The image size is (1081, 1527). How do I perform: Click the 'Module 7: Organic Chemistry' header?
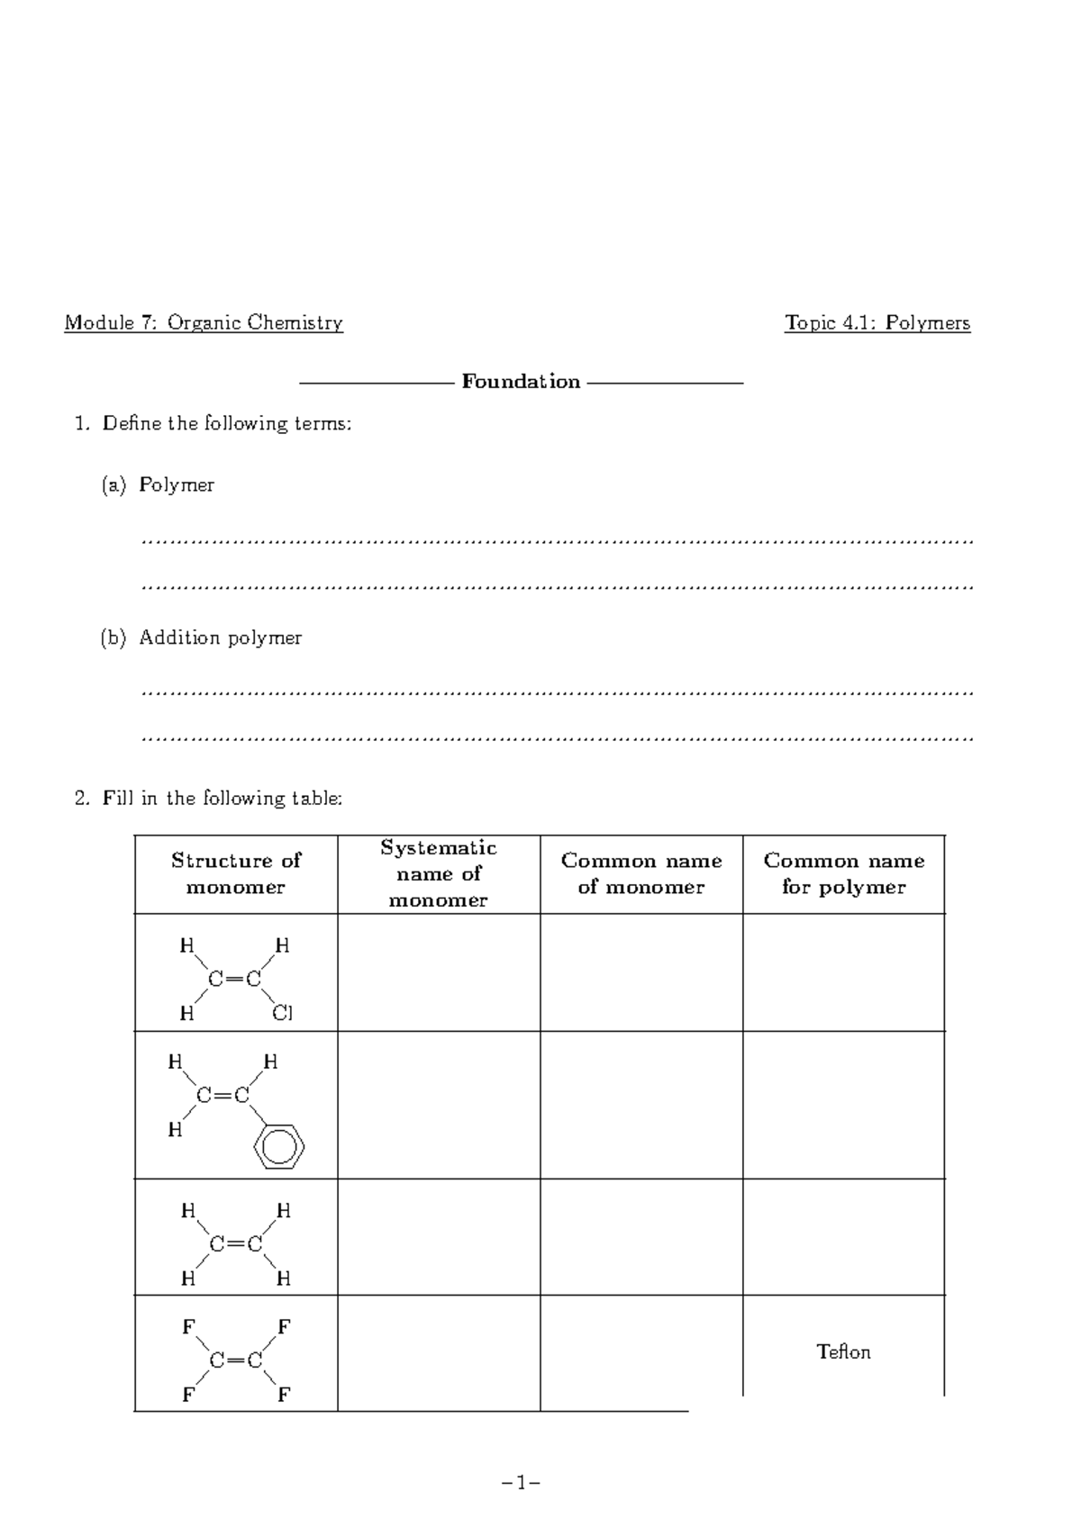[203, 323]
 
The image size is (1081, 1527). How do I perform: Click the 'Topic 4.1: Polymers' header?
[877, 323]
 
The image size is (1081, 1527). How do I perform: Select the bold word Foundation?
[521, 382]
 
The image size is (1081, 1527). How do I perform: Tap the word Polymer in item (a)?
[177, 485]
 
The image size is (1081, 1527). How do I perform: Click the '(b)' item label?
[113, 638]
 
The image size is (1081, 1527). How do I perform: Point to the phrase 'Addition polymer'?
[220, 638]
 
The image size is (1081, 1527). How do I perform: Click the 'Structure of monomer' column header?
[236, 873]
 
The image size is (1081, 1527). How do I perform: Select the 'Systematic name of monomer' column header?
[439, 873]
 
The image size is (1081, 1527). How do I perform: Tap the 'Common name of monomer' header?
[641, 873]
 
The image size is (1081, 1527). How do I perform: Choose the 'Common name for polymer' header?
[844, 873]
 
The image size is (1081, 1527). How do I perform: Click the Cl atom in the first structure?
[282, 1014]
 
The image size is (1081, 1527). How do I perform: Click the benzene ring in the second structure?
[278, 1146]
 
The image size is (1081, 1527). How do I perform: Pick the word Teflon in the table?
[843, 1352]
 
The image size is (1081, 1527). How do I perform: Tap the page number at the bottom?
[521, 1482]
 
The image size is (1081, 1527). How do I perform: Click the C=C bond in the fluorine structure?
[235, 1360]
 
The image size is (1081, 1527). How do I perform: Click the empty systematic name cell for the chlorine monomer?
[439, 972]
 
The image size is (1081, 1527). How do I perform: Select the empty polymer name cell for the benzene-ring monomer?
[844, 1105]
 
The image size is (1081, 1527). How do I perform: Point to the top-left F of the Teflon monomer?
[188, 1327]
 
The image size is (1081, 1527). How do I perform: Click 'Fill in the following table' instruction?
[221, 799]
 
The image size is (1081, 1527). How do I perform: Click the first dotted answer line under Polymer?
[558, 542]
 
